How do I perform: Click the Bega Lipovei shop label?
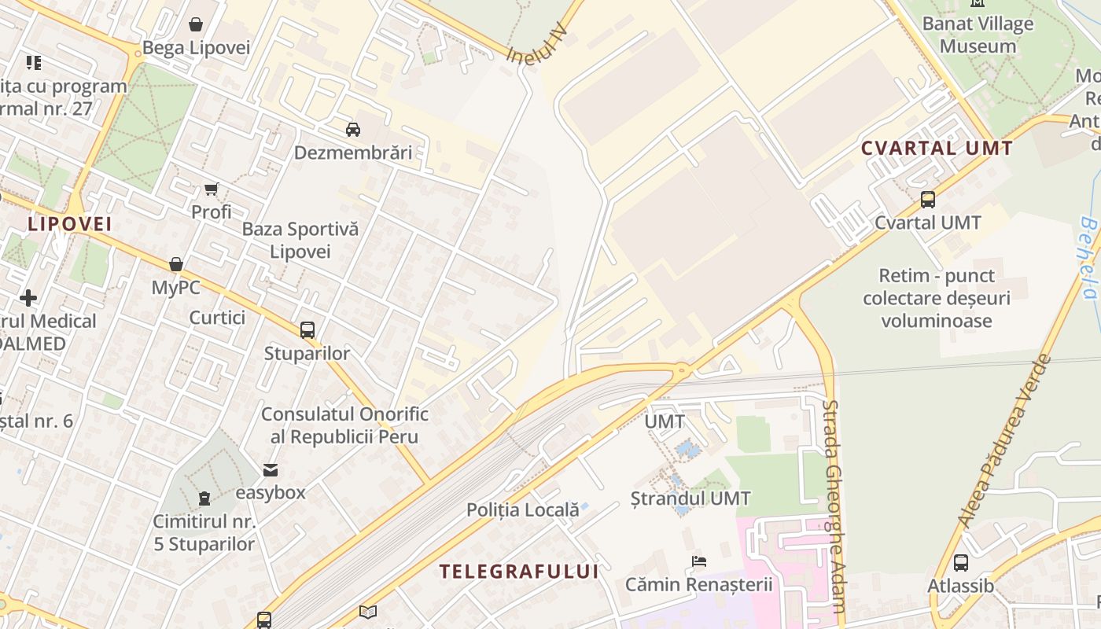point(196,48)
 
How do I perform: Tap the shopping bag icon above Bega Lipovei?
point(196,25)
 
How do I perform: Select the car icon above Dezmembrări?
point(353,129)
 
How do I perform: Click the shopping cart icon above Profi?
point(211,189)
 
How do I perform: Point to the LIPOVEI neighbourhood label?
point(70,224)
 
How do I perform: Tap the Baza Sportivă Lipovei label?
point(300,241)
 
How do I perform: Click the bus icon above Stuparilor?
point(307,330)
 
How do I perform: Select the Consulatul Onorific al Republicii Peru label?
point(344,425)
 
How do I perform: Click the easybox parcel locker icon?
point(271,470)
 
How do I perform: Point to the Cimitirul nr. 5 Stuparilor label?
point(204,532)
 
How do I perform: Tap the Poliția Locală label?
point(523,509)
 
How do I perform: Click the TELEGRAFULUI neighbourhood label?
point(519,572)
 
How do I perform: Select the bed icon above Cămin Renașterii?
point(698,561)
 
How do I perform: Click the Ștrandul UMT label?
point(690,498)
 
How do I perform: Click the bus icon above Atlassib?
point(960,563)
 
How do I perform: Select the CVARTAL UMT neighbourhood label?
point(937,148)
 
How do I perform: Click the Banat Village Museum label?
point(978,35)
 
